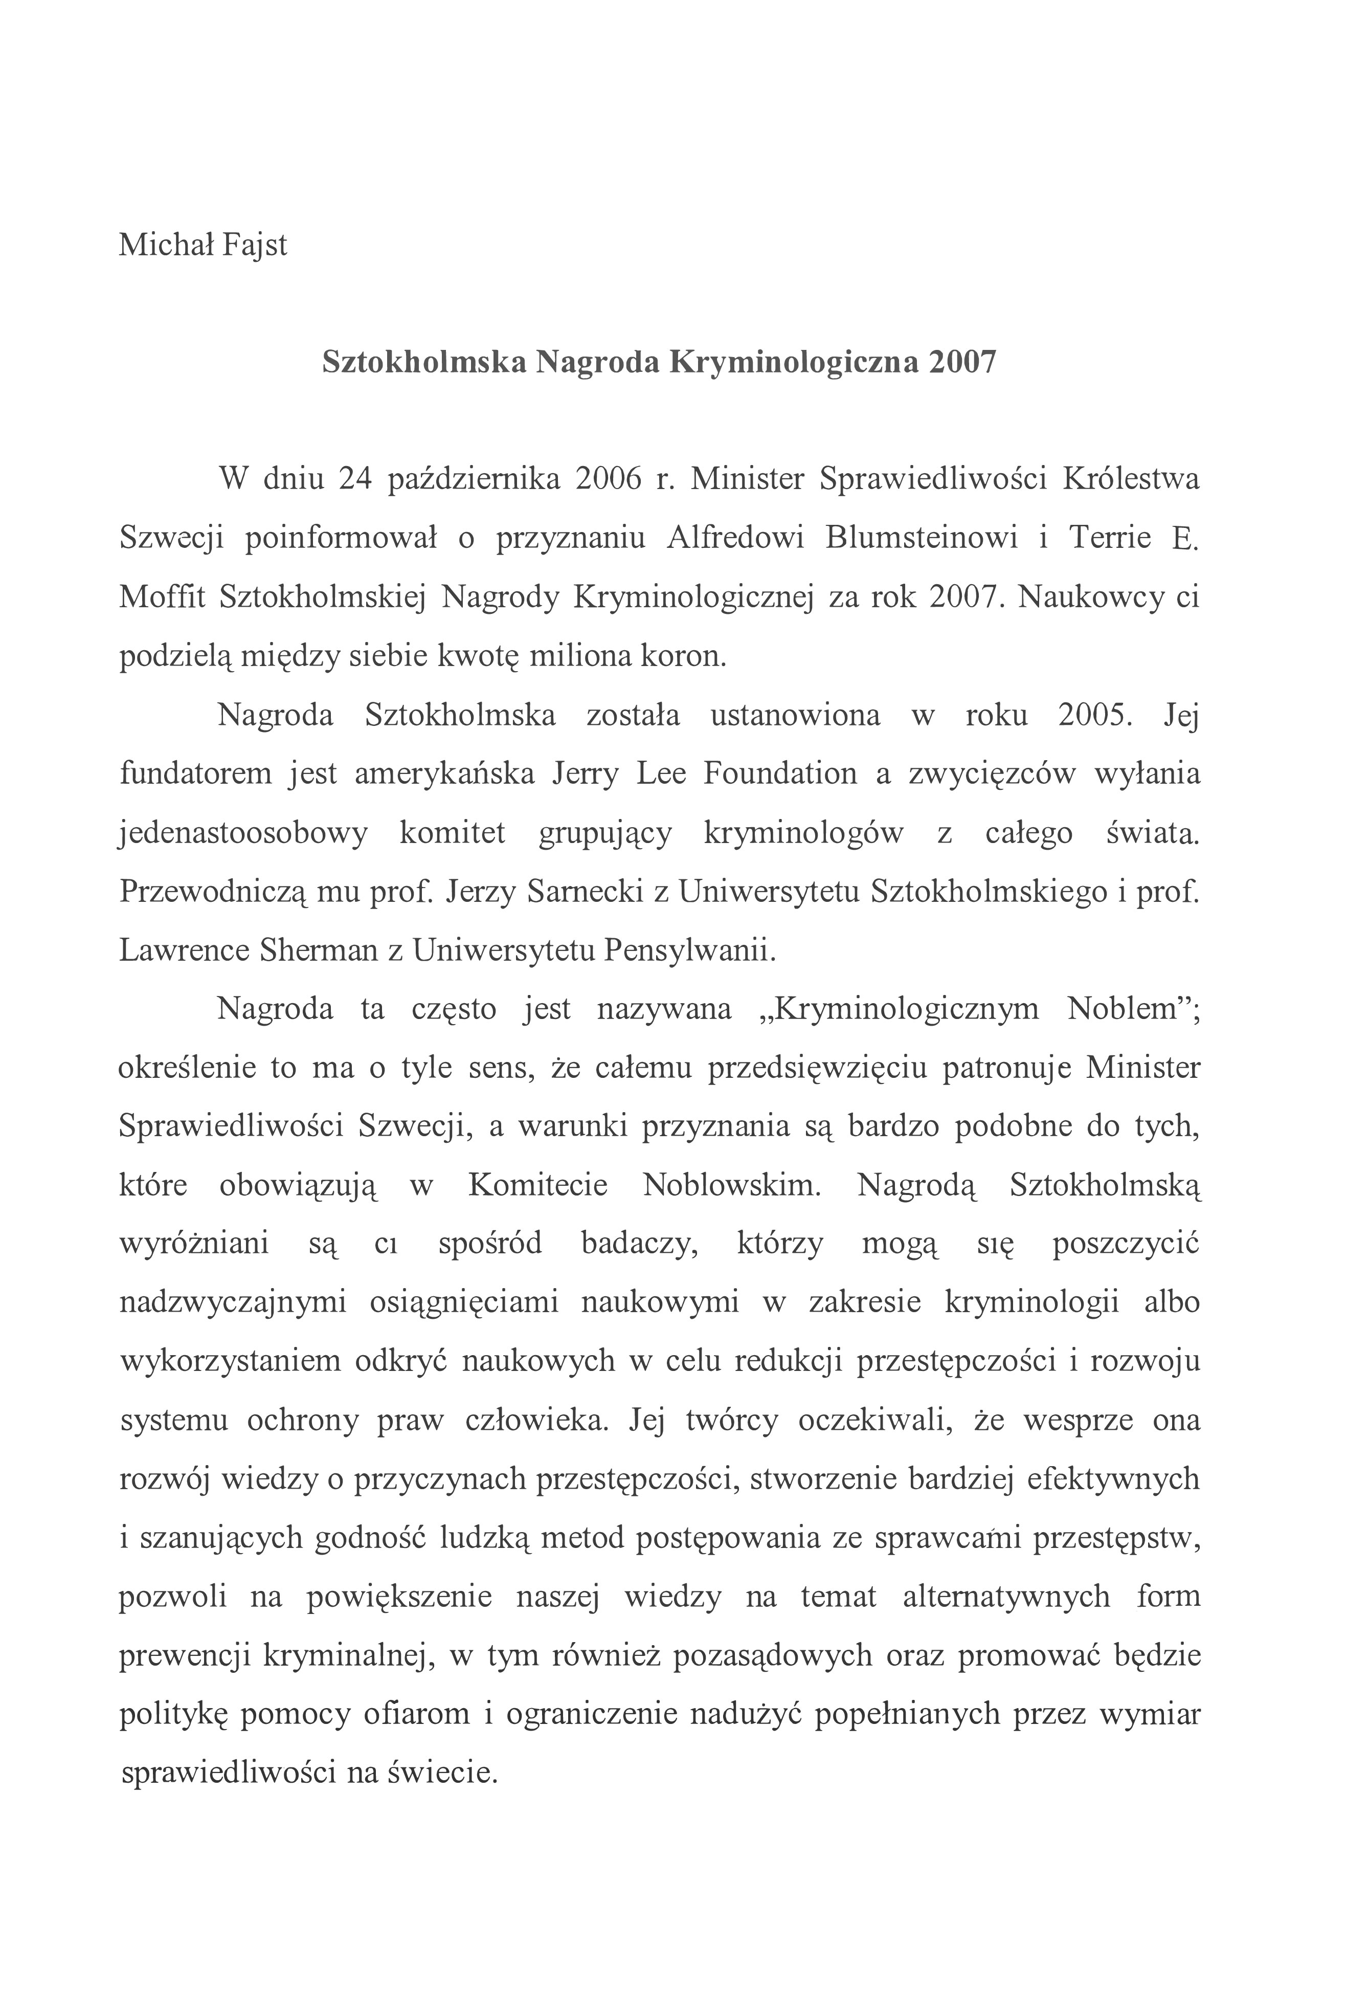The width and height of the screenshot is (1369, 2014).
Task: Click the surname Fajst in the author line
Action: pyautogui.click(x=254, y=245)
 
